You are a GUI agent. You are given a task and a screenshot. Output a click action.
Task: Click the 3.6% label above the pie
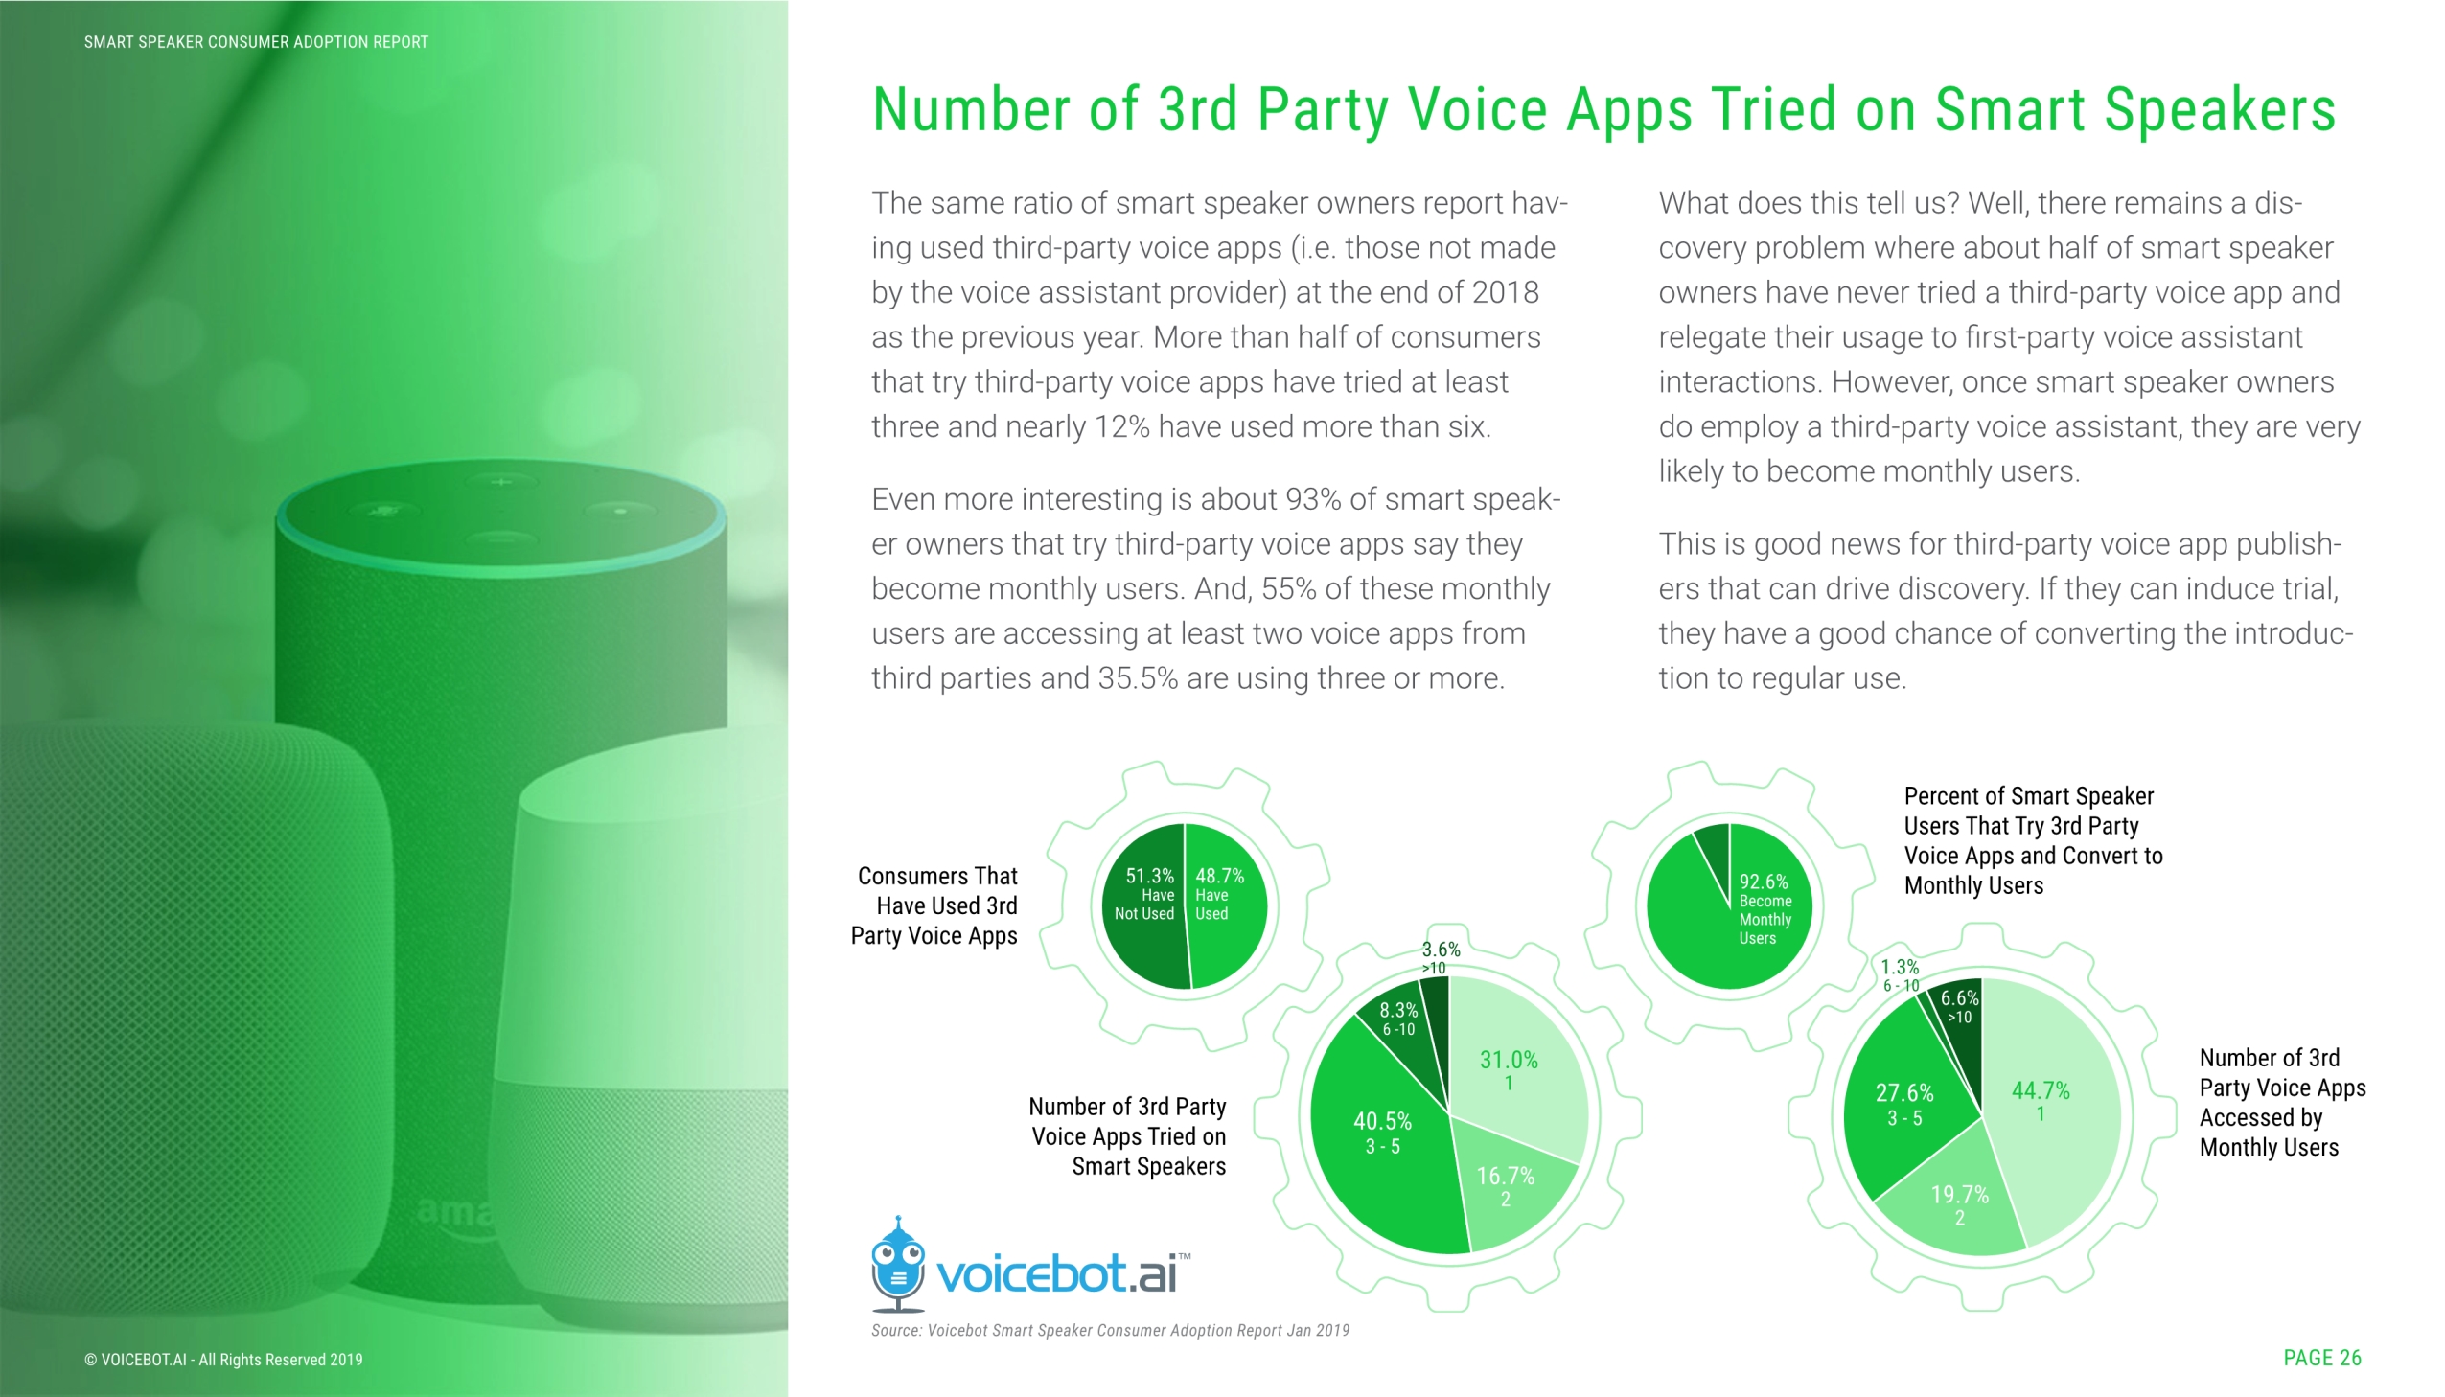[1441, 950]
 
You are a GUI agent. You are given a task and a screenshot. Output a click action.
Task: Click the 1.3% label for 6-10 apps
[1900, 967]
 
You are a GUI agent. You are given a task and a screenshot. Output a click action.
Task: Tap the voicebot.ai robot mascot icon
[897, 1266]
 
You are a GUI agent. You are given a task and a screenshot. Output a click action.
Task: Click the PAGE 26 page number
[2322, 1358]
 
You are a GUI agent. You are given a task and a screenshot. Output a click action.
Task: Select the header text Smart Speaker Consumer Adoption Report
[256, 42]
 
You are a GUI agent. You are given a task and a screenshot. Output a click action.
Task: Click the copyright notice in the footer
[223, 1360]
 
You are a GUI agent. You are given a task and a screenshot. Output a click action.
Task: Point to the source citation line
[1110, 1330]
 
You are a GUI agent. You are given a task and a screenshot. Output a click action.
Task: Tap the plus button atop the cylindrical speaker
[501, 481]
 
